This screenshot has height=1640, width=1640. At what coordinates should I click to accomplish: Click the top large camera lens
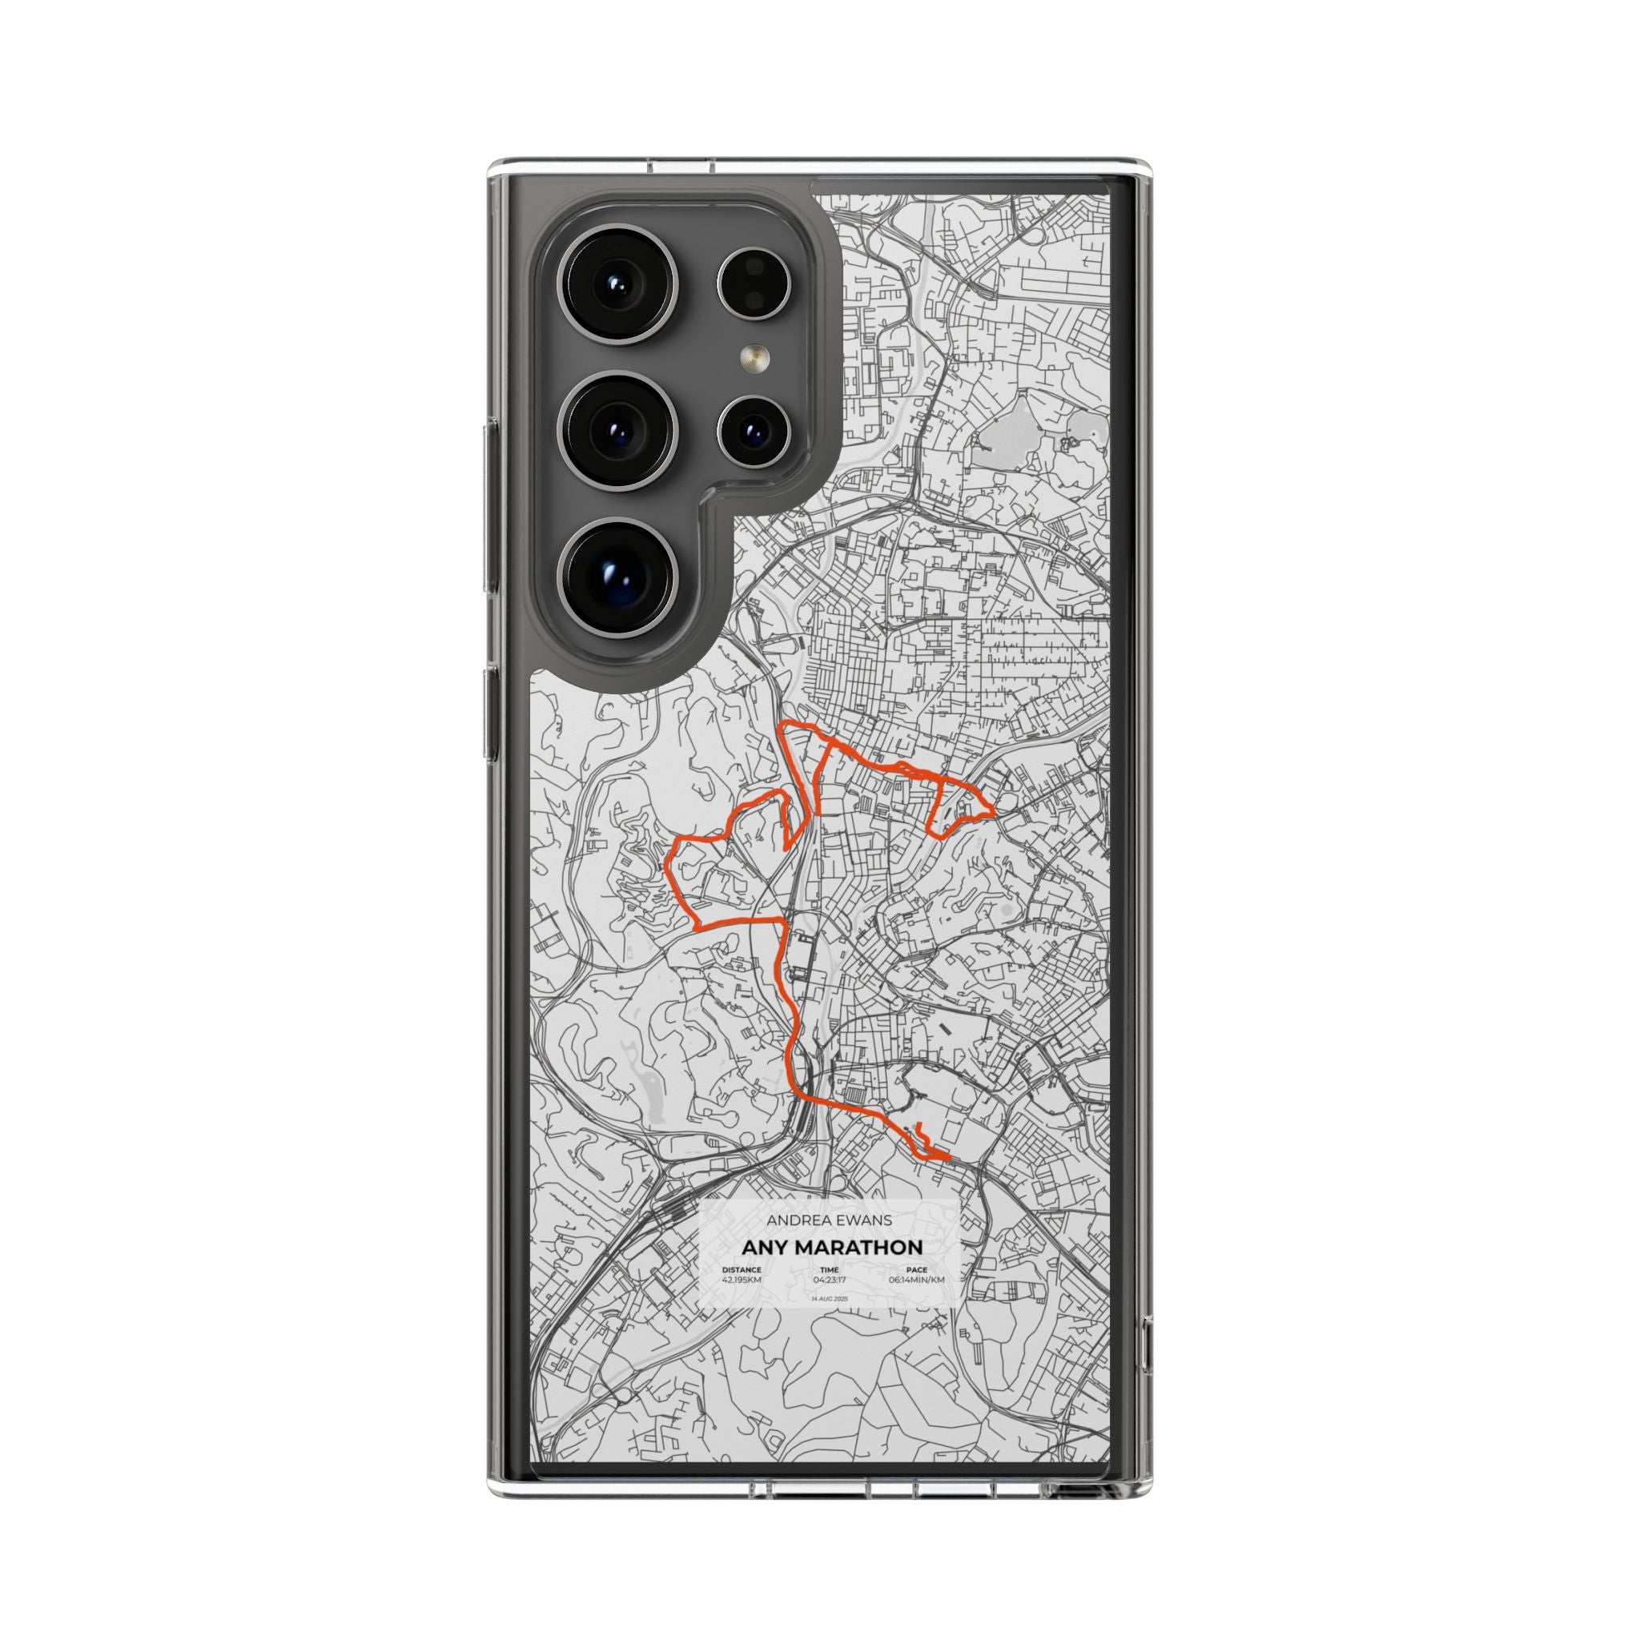point(619,284)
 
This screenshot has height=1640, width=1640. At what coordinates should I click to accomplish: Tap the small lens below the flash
point(753,432)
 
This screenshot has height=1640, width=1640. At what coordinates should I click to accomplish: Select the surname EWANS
point(859,1220)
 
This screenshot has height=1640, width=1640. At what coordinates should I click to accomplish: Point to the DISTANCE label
point(741,1270)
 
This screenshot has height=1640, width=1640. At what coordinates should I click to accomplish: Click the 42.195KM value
point(741,1279)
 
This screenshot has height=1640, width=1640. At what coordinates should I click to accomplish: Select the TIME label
point(830,1270)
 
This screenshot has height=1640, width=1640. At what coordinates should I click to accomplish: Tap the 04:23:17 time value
point(830,1279)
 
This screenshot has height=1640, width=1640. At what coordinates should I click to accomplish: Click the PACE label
point(917,1270)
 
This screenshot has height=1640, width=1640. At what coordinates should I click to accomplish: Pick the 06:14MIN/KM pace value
point(917,1279)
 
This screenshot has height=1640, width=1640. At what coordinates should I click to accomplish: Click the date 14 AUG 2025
point(830,1299)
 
